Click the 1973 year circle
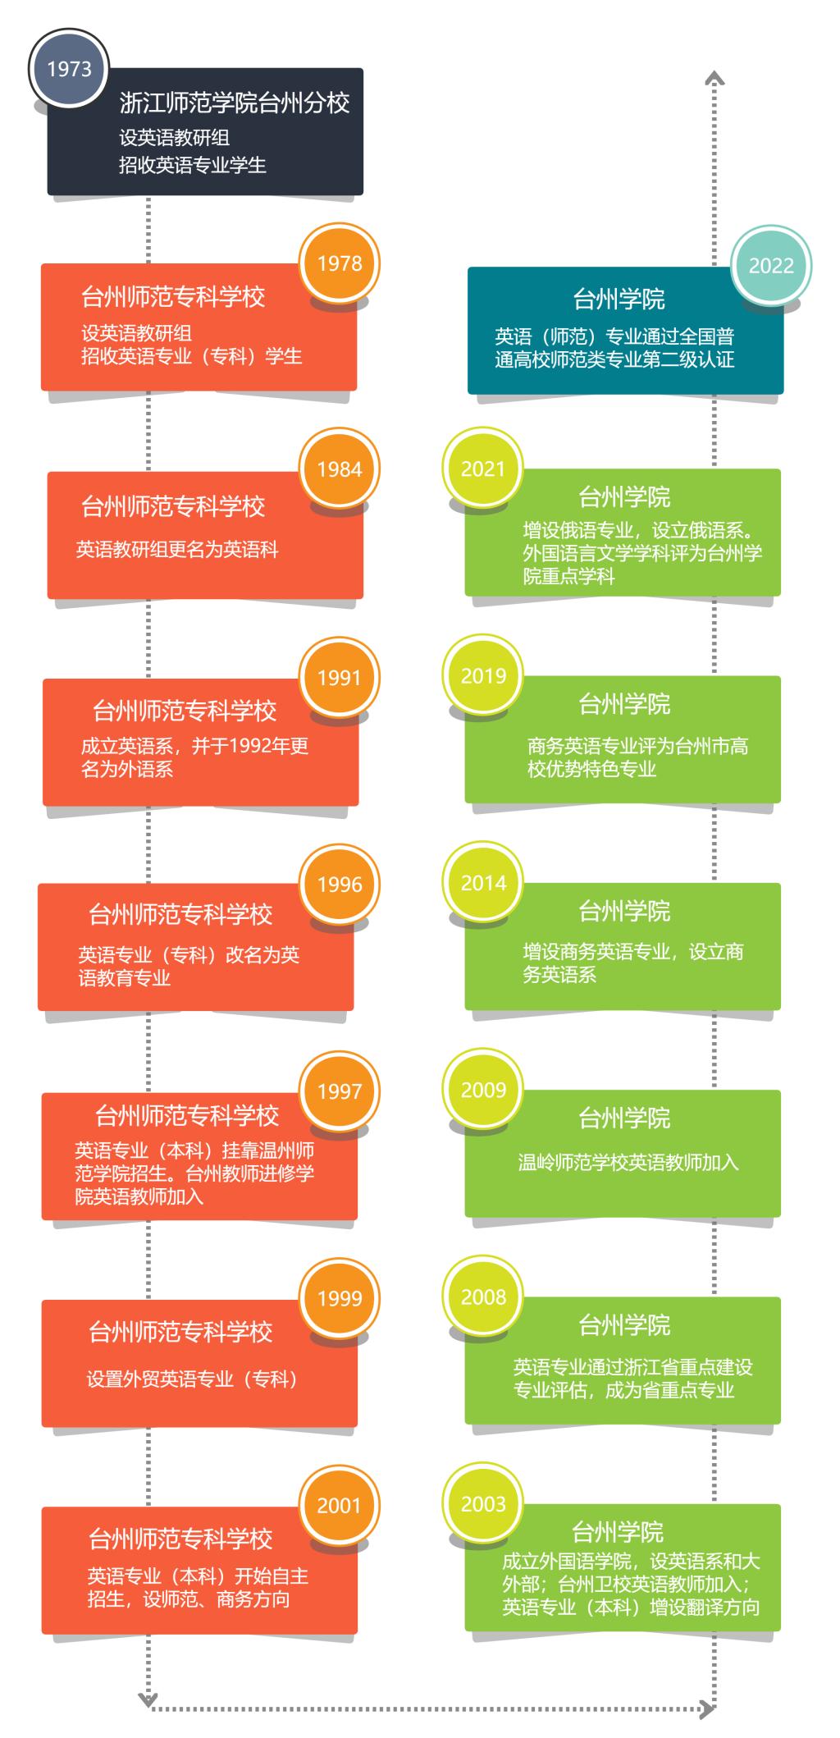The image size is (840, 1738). pyautogui.click(x=69, y=69)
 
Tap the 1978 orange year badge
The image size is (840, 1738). pyautogui.click(x=339, y=263)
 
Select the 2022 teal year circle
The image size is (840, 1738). pyautogui.click(x=771, y=266)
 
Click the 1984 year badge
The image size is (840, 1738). pyautogui.click(x=339, y=469)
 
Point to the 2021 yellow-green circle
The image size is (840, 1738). pyautogui.click(x=483, y=469)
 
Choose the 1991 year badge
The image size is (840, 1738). pyautogui.click(x=339, y=678)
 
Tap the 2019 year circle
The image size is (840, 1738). pyautogui.click(x=483, y=676)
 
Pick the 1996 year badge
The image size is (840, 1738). pyautogui.click(x=339, y=885)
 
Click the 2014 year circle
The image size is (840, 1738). pyautogui.click(x=483, y=883)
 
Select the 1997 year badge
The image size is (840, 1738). pyautogui.click(x=339, y=1091)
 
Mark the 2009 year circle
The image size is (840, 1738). pyautogui.click(x=483, y=1090)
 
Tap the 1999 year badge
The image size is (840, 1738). pyautogui.click(x=339, y=1298)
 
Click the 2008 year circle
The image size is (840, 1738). pyautogui.click(x=483, y=1297)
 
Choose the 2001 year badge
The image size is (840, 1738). pyautogui.click(x=339, y=1505)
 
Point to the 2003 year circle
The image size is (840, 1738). pyautogui.click(x=483, y=1503)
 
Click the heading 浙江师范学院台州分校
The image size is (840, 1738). pyautogui.click(x=235, y=103)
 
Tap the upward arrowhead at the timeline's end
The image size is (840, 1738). pyautogui.click(x=715, y=78)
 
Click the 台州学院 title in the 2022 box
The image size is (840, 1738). pyautogui.click(x=619, y=300)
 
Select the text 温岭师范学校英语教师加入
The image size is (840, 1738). pyautogui.click(x=628, y=1163)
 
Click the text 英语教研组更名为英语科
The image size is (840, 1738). pyautogui.click(x=177, y=549)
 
